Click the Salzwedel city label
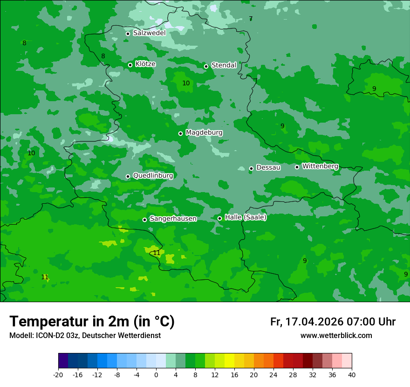point(149,33)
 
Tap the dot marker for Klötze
point(130,65)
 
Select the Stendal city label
point(224,65)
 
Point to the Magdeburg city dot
point(180,133)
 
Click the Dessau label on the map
point(268,167)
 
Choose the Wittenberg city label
point(320,166)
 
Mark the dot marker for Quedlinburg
point(128,176)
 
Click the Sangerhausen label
point(173,219)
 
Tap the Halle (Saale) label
point(246,217)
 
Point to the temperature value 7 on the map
point(251,19)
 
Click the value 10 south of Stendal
point(186,83)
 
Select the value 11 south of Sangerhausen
point(157,253)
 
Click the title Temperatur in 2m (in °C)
point(92,321)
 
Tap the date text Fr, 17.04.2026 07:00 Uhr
point(333,322)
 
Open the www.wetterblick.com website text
point(336,335)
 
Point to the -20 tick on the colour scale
point(58,374)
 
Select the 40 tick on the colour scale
point(352,374)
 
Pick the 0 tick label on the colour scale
point(156,374)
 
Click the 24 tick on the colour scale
point(273,374)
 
